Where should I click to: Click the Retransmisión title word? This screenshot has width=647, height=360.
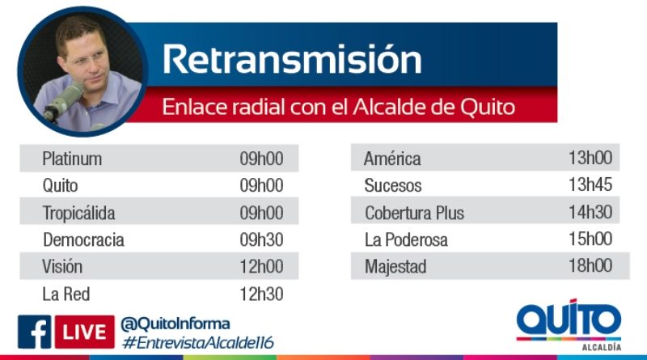point(292,59)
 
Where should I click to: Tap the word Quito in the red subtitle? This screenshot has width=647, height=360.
point(488,107)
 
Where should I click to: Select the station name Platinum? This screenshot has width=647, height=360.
point(72,159)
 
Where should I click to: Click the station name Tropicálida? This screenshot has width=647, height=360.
point(78,214)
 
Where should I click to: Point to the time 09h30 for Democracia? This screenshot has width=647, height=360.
point(261,239)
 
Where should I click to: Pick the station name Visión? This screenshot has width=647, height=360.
point(62,266)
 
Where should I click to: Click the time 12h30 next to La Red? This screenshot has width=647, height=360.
point(261,294)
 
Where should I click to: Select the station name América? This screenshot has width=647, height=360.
point(392,158)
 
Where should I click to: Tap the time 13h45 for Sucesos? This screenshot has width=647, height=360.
point(590,184)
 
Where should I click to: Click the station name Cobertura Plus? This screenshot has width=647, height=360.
point(414,213)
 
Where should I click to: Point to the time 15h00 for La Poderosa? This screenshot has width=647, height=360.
point(590,239)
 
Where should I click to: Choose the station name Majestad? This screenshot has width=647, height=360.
point(395,267)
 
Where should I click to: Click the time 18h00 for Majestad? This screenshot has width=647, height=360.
point(590,265)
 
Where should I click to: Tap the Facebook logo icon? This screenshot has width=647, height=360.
point(34,332)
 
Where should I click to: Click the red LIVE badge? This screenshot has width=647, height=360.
point(85,332)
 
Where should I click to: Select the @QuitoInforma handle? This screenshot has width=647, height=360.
point(175,324)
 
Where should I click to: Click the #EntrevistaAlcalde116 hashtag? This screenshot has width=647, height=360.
point(198,343)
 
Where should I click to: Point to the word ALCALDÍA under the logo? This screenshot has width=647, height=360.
point(602,347)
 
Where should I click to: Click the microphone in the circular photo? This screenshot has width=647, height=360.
point(63,101)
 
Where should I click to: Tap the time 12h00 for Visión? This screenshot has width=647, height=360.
point(261,267)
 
